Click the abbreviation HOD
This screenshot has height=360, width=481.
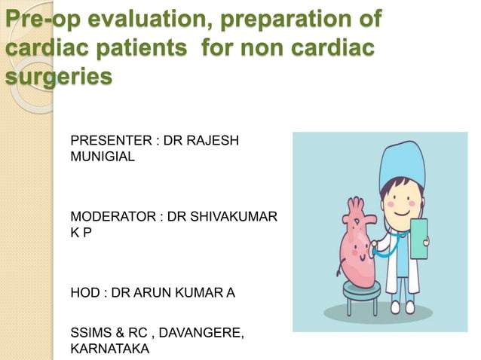84,292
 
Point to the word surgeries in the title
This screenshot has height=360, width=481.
57,78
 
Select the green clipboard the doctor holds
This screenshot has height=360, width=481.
417,237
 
